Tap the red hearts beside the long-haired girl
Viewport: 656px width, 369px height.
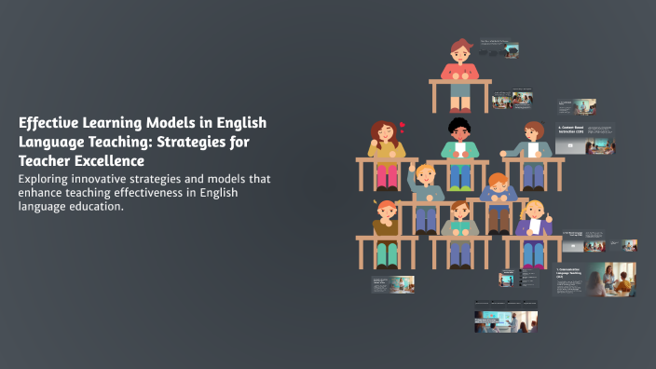point(402,126)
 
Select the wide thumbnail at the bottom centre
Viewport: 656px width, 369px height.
point(506,317)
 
